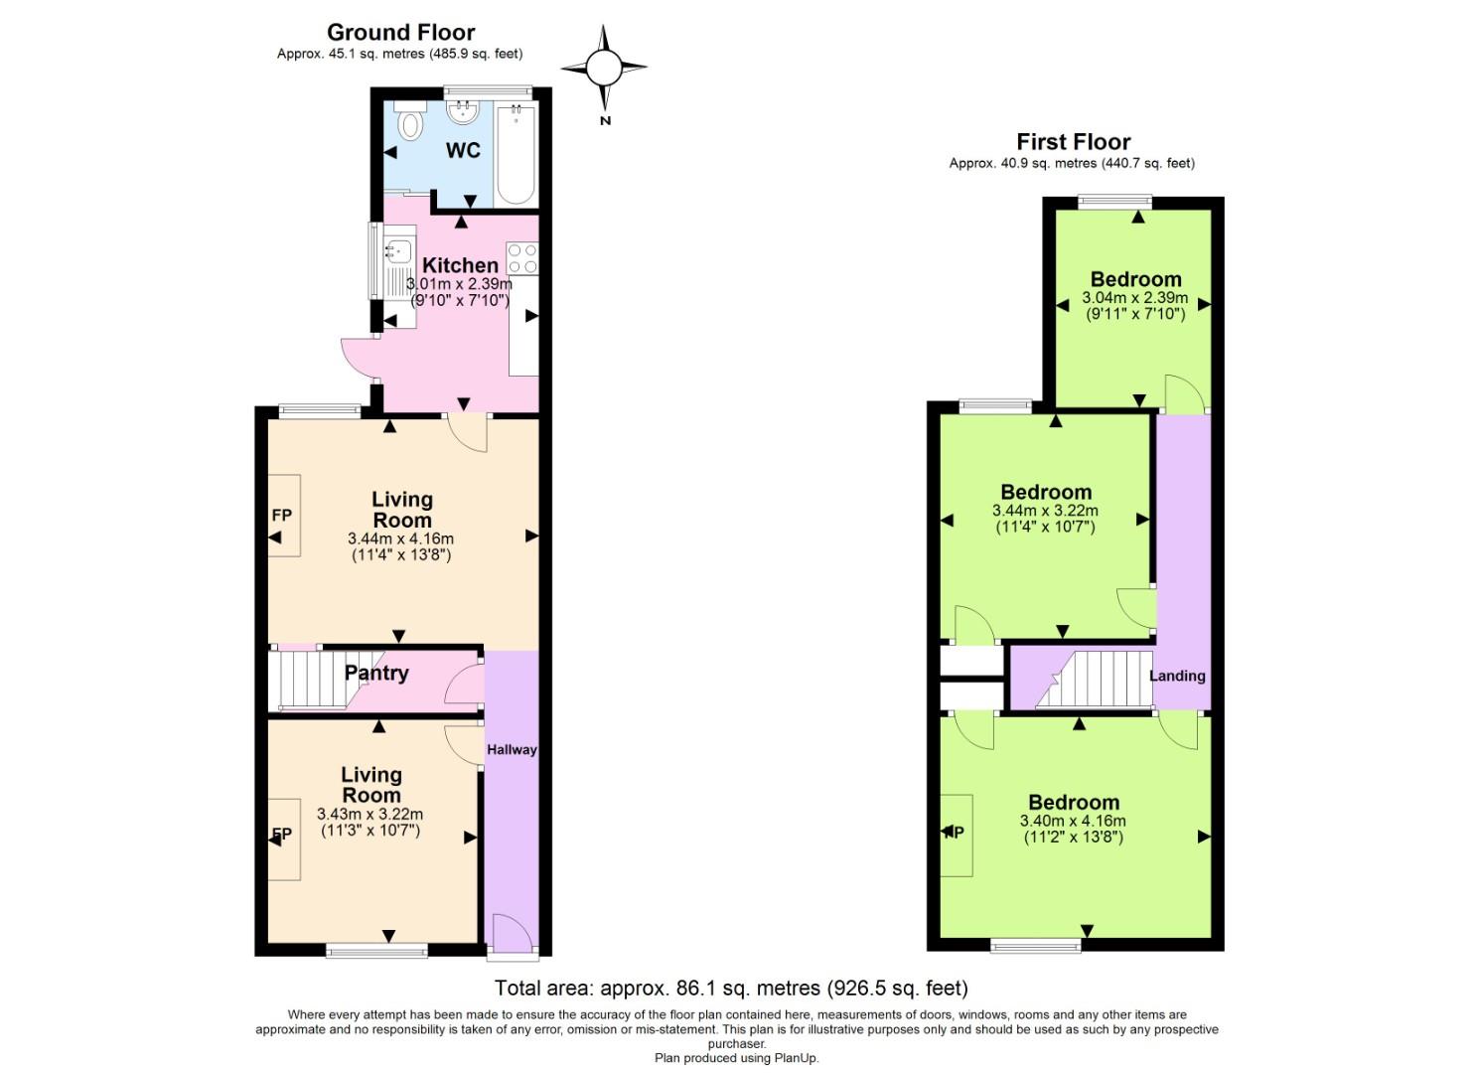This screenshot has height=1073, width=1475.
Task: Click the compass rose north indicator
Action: [604, 69]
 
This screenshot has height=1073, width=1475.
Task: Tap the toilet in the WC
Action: [409, 123]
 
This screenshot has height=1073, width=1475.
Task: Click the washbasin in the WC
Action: [462, 111]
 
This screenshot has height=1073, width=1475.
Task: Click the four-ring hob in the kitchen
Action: [522, 258]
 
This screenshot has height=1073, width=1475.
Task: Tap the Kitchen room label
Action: [460, 265]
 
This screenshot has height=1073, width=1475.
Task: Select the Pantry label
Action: [376, 673]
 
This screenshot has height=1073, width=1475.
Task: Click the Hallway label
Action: [512, 749]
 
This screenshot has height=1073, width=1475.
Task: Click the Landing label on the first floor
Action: [1177, 676]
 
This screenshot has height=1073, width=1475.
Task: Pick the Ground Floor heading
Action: [400, 33]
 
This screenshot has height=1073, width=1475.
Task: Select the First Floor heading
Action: [1073, 142]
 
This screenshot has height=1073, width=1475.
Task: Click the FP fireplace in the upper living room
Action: [283, 516]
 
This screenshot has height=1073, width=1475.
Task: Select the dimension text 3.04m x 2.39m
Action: [1134, 298]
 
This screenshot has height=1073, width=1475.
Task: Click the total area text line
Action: [731, 988]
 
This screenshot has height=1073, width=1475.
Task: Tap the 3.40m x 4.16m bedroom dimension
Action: [1073, 821]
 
